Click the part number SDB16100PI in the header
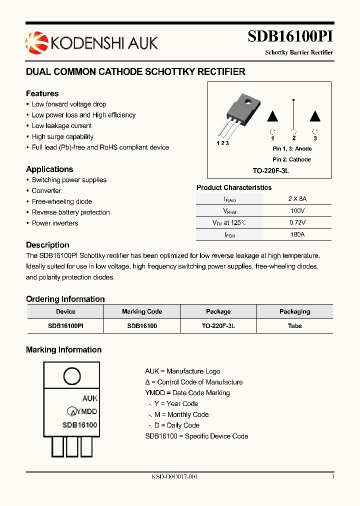(290, 37)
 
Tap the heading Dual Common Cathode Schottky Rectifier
(135, 72)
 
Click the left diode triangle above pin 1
(272, 116)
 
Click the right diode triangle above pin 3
(315, 116)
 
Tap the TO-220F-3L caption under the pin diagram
(271, 171)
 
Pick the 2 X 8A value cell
(297, 198)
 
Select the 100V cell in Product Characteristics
(297, 211)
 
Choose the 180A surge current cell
(297, 234)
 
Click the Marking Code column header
(142, 311)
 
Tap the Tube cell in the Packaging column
(294, 325)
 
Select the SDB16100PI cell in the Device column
(65, 325)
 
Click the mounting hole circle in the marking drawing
(71, 376)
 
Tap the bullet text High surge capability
(62, 136)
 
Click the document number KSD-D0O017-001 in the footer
(174, 477)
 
